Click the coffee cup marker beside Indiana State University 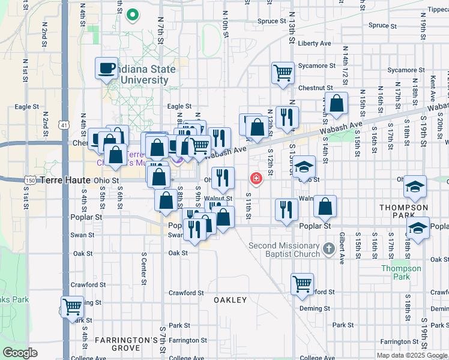106,68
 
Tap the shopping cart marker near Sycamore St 283,73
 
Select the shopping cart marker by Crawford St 302,284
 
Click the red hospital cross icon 256,179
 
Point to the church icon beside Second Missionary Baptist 328,248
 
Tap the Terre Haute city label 67,180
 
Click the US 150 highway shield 31,180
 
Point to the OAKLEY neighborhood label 231,299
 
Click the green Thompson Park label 402,272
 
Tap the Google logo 19,353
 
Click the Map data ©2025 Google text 412,355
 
